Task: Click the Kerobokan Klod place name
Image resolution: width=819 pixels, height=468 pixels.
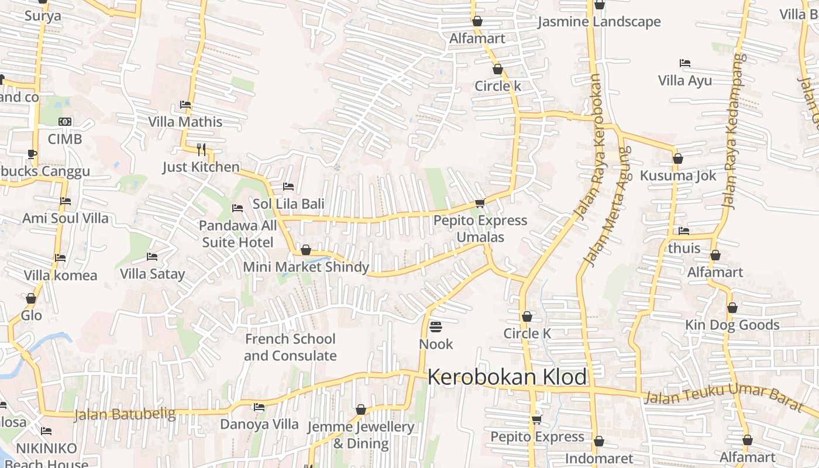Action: pyautogui.click(x=507, y=377)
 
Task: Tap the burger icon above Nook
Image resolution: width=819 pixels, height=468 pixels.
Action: pyautogui.click(x=436, y=326)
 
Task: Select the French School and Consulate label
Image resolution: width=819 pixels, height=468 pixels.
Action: pyautogui.click(x=290, y=347)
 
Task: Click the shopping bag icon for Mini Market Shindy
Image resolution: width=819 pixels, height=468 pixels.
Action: pyautogui.click(x=305, y=250)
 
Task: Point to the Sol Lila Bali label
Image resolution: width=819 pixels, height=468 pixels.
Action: pyautogui.click(x=288, y=204)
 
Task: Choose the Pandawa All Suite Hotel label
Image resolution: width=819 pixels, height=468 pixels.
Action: pyautogui.click(x=238, y=233)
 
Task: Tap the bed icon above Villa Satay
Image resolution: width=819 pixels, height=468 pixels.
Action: pyautogui.click(x=152, y=257)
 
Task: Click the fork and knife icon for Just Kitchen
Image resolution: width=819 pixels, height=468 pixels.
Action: pyautogui.click(x=201, y=149)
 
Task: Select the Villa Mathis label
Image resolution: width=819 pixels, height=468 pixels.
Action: pyautogui.click(x=185, y=122)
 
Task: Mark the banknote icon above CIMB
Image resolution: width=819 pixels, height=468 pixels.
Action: pyautogui.click(x=65, y=122)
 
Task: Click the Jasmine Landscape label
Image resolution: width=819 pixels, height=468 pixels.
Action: pyautogui.click(x=598, y=22)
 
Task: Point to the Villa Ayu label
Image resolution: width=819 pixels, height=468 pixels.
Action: pyautogui.click(x=685, y=80)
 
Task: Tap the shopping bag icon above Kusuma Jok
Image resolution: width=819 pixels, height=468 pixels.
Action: pyautogui.click(x=678, y=159)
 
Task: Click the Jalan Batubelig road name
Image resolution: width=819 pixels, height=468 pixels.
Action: pyautogui.click(x=124, y=414)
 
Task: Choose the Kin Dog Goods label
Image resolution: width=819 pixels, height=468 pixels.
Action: pyautogui.click(x=732, y=325)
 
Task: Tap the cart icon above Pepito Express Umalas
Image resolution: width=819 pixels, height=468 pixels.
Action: pyautogui.click(x=480, y=204)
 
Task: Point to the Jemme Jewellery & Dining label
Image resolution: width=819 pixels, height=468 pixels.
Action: pyautogui.click(x=360, y=435)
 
